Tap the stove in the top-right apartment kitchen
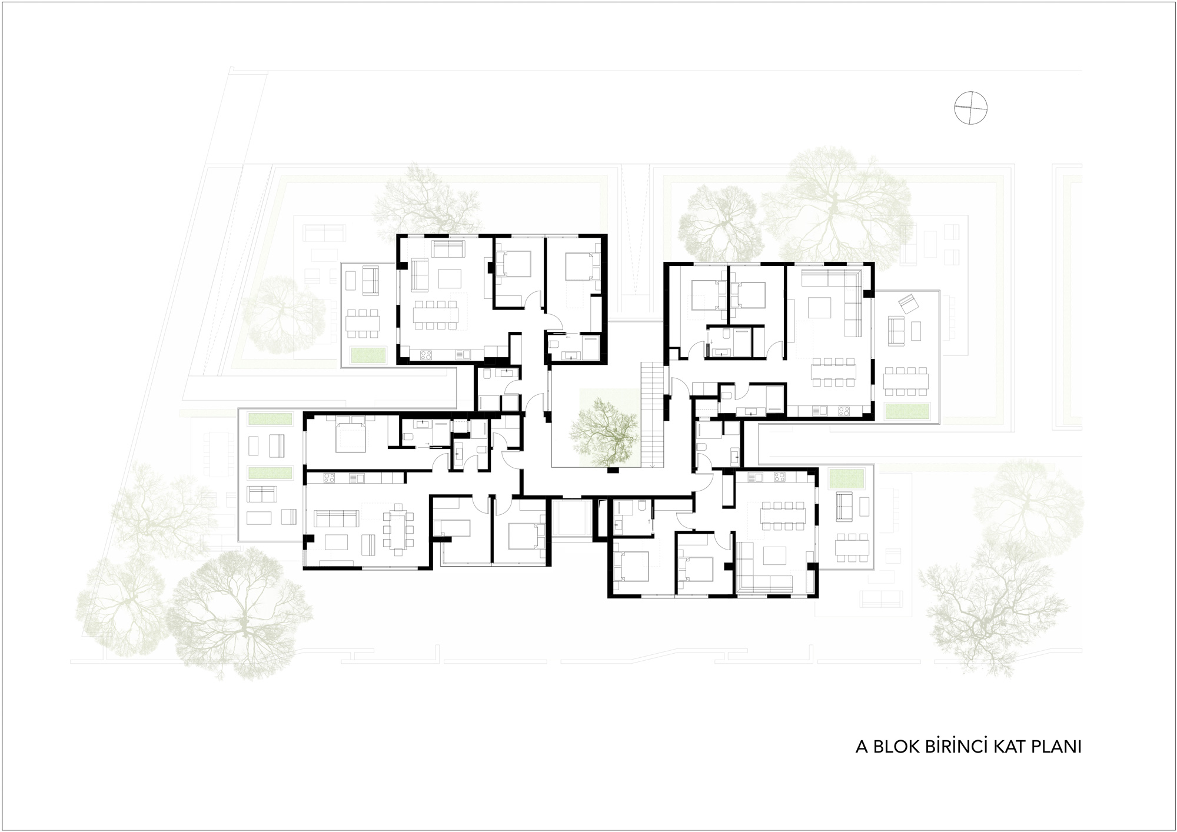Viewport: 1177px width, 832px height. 843,410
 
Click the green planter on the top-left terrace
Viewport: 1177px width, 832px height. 368,355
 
